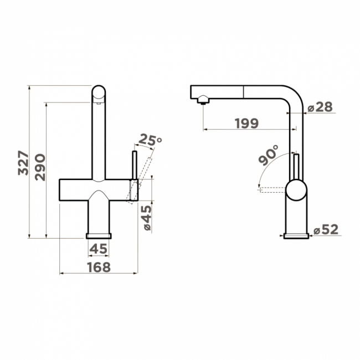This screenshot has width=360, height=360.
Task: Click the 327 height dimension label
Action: point(23,163)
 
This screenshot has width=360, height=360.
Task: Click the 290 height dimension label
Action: point(40,167)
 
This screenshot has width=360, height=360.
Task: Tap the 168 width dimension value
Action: point(99,268)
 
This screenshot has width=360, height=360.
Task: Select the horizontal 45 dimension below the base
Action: point(98,249)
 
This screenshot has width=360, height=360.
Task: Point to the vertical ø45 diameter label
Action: point(147,218)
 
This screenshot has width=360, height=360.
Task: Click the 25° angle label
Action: point(150,140)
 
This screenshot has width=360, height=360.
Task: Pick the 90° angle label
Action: point(268,155)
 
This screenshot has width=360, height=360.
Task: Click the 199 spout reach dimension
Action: point(247,124)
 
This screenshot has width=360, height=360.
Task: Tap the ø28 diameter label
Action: point(320,107)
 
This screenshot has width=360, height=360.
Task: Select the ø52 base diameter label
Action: point(326,229)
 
